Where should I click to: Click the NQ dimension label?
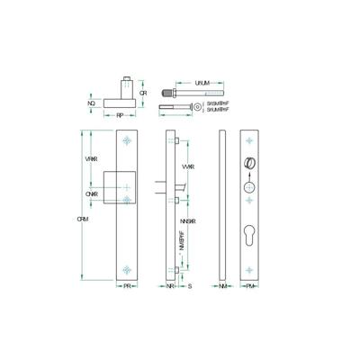pyautogui.click(x=91, y=103)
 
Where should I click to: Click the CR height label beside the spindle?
pyautogui.click(x=143, y=94)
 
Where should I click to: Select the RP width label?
pyautogui.click(x=119, y=116)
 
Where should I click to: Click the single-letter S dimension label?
pyautogui.click(x=189, y=286)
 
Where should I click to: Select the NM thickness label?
pyautogui.click(x=223, y=286)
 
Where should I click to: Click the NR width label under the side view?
pyautogui.click(x=171, y=286)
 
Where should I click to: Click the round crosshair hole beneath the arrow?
pyautogui.click(x=250, y=191)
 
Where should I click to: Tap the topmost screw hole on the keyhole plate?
pyautogui.click(x=251, y=140)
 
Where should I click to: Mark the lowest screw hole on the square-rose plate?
pyautogui.click(x=127, y=267)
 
